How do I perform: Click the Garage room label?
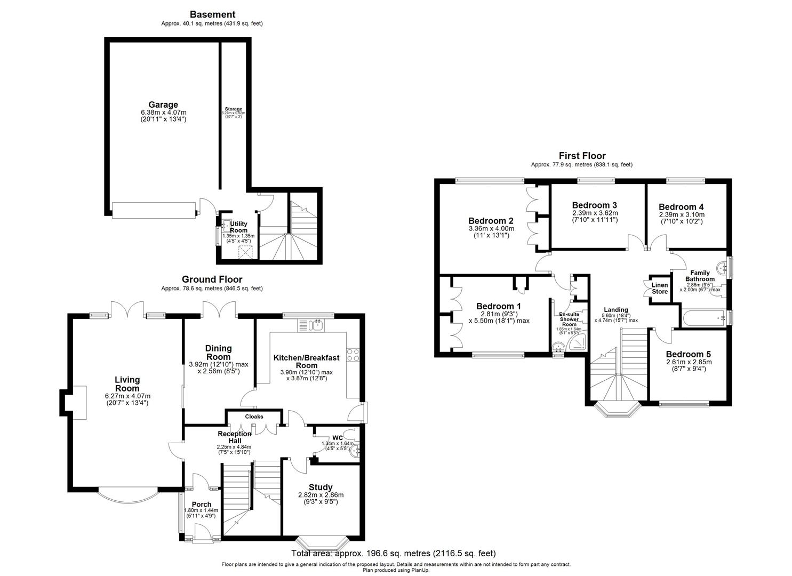click(163, 105)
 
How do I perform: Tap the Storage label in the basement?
click(233, 109)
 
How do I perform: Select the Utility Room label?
click(238, 227)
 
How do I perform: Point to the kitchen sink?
click(312, 325)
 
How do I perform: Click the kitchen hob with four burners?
click(354, 355)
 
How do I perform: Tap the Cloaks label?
click(254, 417)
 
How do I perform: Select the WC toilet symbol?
click(350, 434)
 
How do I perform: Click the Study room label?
click(321, 487)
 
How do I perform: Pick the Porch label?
click(202, 504)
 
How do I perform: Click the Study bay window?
click(322, 543)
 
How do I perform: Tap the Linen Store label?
click(660, 289)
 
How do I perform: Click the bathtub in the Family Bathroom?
click(704, 318)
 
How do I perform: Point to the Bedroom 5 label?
click(688, 354)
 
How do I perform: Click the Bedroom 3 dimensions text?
click(595, 216)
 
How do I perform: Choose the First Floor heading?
click(582, 156)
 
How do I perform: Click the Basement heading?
click(212, 14)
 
